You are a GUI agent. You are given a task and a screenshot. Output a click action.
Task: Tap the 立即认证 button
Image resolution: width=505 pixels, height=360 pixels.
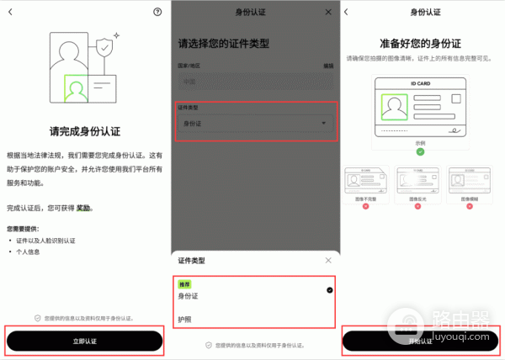coord(84,340)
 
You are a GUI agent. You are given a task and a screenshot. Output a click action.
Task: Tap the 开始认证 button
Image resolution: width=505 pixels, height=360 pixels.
coord(420,340)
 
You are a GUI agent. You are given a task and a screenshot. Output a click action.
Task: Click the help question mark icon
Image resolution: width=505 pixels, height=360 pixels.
coord(157,12)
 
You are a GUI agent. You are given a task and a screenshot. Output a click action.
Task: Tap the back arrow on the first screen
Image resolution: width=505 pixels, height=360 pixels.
coord(10,12)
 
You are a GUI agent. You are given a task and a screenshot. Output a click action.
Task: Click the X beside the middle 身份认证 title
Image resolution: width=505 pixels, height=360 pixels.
coord(328,13)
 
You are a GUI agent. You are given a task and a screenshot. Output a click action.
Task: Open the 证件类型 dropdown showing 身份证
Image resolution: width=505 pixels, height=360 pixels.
coord(254,124)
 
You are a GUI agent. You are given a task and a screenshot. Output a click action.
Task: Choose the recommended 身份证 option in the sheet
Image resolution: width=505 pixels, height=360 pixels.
coord(190,295)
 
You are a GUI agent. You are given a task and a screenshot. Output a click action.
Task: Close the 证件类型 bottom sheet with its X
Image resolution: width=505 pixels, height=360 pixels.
coord(328,261)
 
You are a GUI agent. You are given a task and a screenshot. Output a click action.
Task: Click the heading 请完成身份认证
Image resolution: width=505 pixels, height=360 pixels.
coord(84,131)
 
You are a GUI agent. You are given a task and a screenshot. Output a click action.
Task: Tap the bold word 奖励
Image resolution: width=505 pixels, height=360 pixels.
coord(83,207)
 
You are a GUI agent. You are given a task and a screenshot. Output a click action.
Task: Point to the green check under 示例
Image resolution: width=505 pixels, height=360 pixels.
coord(420,151)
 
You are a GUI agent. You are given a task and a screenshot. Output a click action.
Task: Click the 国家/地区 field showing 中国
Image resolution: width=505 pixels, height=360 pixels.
coord(254,82)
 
